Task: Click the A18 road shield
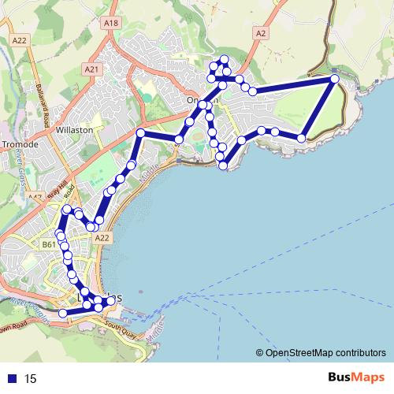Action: pyautogui.click(x=110, y=24)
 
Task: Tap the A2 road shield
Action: pyautogui.click(x=261, y=33)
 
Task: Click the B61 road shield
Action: pyautogui.click(x=48, y=245)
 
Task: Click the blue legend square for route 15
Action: pyautogui.click(x=13, y=378)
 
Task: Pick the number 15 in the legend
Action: pyautogui.click(x=31, y=378)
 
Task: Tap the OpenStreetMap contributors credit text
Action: pyautogui.click(x=325, y=352)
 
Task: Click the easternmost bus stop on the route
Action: pyautogui.click(x=335, y=79)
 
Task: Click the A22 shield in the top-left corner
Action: pyautogui.click(x=19, y=39)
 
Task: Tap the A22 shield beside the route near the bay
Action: pyautogui.click(x=100, y=236)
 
